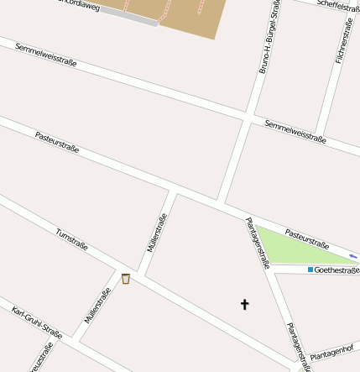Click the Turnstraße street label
71,239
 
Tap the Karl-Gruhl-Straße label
37,322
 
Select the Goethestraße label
337,270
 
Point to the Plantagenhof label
331,351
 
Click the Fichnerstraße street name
343,40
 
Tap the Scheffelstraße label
338,5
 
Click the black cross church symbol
245,304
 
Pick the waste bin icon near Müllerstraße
126,279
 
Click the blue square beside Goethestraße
310,270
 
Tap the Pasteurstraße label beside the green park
306,238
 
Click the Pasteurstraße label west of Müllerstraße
57,142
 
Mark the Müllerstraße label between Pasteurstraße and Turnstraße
157,233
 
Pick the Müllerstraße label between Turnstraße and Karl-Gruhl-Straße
97,306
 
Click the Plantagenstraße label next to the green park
257,243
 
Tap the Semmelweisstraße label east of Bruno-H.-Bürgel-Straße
295,131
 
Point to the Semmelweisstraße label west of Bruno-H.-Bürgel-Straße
46,55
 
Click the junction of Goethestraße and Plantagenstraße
274,270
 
